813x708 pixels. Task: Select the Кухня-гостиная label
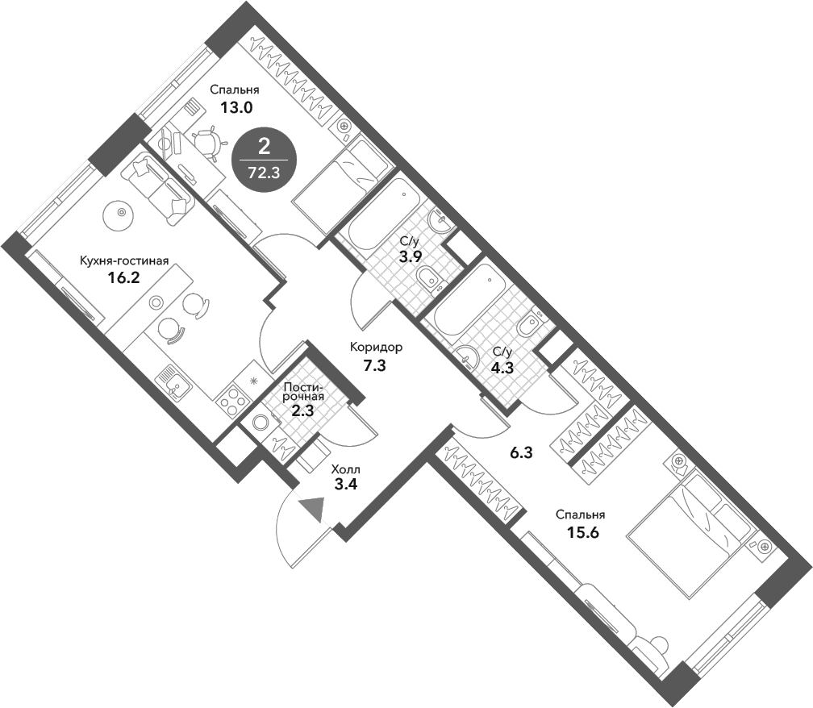click(123, 260)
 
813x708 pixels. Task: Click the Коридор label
click(375, 348)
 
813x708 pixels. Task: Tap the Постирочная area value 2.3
click(303, 410)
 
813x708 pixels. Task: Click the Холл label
click(346, 469)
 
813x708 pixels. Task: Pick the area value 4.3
click(501, 370)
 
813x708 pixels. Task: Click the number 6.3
click(522, 453)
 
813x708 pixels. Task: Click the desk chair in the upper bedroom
click(208, 143)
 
